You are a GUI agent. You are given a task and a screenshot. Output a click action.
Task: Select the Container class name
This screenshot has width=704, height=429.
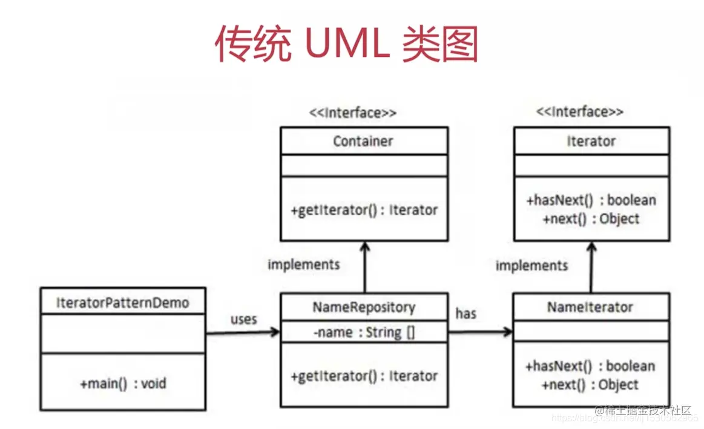pos(363,142)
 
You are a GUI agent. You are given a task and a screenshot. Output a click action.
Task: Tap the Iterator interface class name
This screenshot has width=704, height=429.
pos(591,142)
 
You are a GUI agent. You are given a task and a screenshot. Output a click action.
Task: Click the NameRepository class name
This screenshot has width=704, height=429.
pos(364,307)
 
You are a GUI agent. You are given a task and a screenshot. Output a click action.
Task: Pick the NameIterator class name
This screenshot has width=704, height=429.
pos(590,307)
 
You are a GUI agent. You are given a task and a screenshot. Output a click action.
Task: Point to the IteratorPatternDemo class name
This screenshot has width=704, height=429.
pos(122,302)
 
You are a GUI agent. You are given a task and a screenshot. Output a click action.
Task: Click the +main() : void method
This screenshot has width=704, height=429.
pos(122,383)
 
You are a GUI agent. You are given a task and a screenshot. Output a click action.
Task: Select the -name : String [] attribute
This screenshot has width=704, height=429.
pos(364,332)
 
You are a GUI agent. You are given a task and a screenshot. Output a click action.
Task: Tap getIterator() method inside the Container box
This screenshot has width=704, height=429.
pos(364,211)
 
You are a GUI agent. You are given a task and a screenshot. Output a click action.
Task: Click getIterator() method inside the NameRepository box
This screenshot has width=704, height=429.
pos(364,376)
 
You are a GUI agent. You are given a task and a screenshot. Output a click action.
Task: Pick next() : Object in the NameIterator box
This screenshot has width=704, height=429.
pos(590,385)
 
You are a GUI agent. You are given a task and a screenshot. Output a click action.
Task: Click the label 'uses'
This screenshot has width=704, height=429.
pos(243,319)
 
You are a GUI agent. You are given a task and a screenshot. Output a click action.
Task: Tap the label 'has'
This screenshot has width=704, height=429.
pos(465,313)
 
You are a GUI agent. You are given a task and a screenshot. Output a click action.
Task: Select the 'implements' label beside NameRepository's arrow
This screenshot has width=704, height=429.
pos(304,264)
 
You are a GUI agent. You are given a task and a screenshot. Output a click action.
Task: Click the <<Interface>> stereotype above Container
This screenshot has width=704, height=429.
pos(353,113)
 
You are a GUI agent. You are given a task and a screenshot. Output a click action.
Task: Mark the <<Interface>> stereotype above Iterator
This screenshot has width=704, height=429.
pos(579,112)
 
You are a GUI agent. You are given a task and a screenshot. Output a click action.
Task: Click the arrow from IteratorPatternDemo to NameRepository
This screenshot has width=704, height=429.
pos(242,332)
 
